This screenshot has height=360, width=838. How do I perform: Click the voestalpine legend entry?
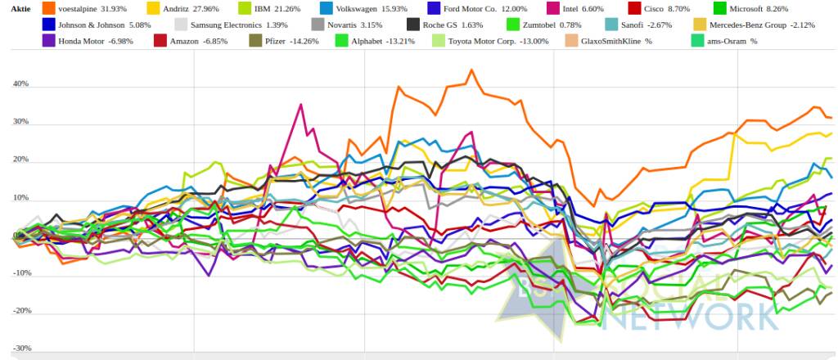82,9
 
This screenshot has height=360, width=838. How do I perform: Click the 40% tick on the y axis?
20,84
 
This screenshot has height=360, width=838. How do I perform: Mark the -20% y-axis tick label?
21,312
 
